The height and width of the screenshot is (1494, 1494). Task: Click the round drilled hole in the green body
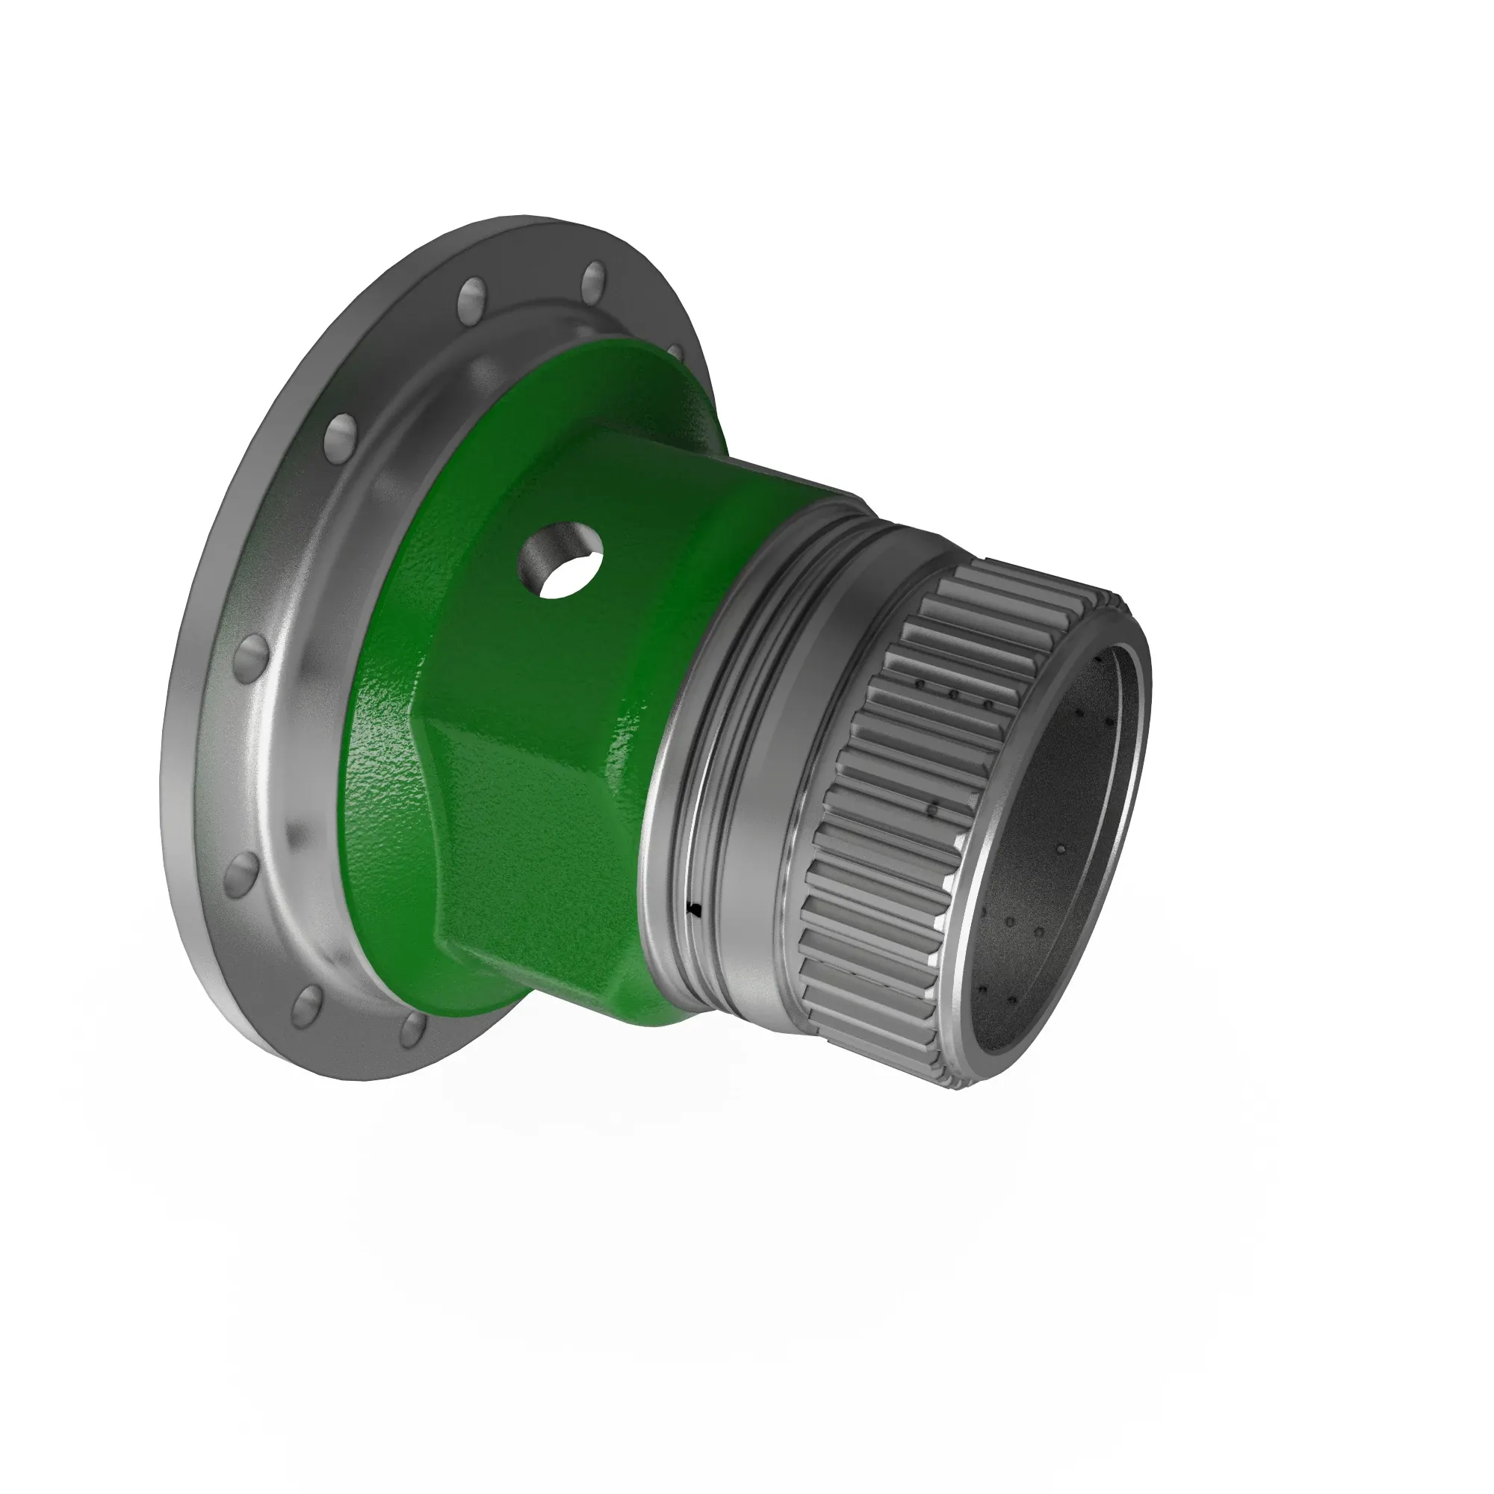coord(562,561)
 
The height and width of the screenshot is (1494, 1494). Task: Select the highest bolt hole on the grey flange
coord(594,279)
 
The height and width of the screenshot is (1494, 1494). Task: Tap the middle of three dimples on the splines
coord(953,695)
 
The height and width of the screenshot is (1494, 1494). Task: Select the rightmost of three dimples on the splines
coord(988,704)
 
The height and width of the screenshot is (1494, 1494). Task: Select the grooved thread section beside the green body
coord(711,773)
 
